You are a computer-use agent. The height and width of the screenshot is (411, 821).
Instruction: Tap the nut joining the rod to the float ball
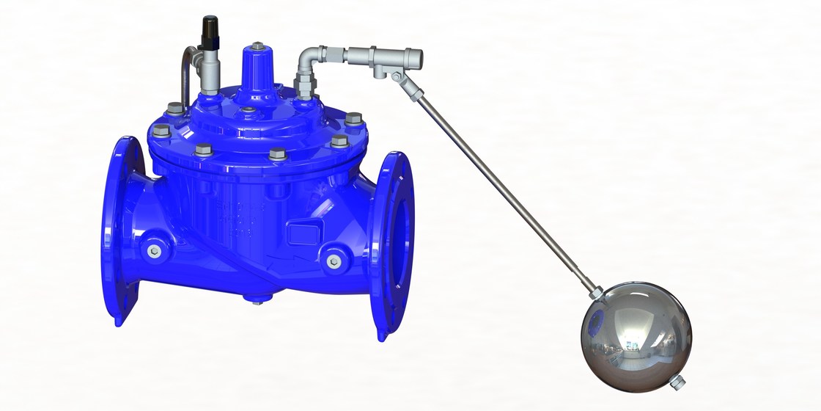click(x=596, y=294)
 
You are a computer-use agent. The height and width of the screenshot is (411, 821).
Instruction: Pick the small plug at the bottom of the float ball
click(x=678, y=382)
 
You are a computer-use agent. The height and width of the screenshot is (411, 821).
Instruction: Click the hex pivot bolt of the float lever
click(x=396, y=76)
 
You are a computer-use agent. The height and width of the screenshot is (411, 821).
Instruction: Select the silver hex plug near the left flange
click(x=152, y=252)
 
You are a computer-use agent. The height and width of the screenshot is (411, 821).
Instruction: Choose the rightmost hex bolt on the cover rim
click(x=354, y=117)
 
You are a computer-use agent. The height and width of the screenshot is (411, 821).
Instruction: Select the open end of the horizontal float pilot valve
click(x=414, y=54)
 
